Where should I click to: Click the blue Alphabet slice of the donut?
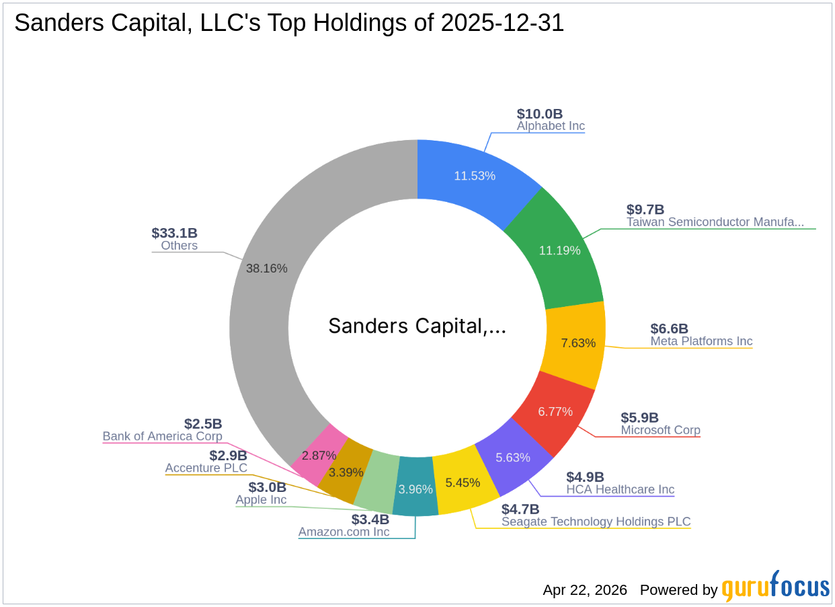click(x=475, y=175)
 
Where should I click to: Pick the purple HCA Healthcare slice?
click(x=513, y=457)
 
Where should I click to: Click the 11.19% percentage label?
click(x=559, y=250)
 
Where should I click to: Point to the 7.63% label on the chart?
click(x=578, y=343)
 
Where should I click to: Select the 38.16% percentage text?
click(x=267, y=269)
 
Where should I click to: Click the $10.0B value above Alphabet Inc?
click(x=539, y=114)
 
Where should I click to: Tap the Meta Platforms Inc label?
click(x=701, y=341)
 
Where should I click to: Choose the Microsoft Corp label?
click(x=660, y=430)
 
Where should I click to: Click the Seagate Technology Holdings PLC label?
click(x=596, y=522)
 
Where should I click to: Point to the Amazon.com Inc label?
click(x=344, y=532)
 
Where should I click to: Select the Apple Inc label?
click(x=261, y=500)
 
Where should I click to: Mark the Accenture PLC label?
click(x=206, y=468)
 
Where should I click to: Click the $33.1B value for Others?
click(x=175, y=233)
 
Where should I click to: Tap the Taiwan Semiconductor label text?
click(x=715, y=221)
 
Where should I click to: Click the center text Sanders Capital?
click(x=417, y=326)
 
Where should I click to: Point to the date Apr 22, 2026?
click(x=585, y=590)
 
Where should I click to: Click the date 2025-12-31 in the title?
click(x=503, y=24)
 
